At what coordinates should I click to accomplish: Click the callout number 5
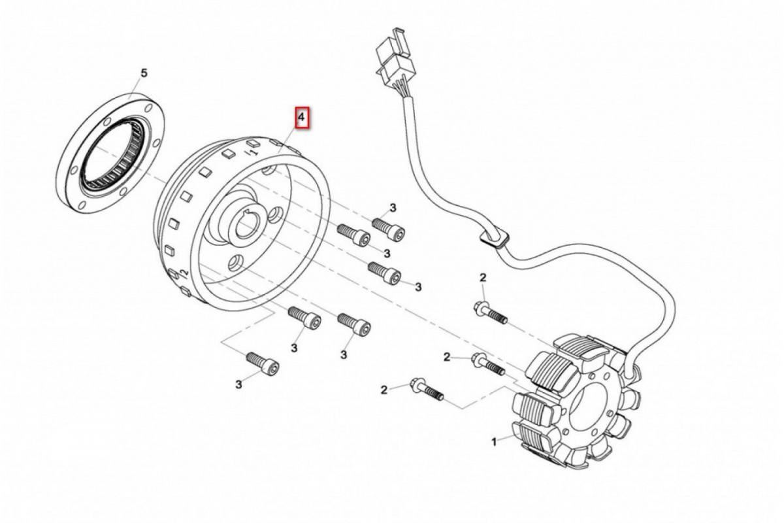click(x=144, y=72)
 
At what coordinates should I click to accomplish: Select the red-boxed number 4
click(x=301, y=118)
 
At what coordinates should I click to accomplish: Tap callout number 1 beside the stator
click(x=495, y=441)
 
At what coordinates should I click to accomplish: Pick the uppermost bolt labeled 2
click(x=491, y=312)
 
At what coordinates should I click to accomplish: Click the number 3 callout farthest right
click(x=418, y=286)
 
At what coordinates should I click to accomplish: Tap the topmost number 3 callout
click(x=393, y=208)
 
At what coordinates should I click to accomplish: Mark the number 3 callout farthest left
click(x=239, y=384)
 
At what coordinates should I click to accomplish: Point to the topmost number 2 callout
click(x=483, y=278)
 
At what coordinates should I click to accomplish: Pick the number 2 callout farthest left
click(x=384, y=390)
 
